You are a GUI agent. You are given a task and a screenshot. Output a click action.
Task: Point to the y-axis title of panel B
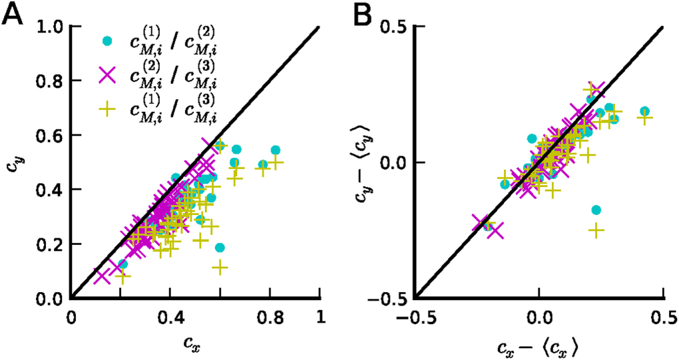click(x=363, y=163)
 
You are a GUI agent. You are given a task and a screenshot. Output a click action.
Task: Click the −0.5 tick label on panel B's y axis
click(x=388, y=299)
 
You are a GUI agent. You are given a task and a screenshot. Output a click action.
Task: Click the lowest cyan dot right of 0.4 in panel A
click(x=220, y=248)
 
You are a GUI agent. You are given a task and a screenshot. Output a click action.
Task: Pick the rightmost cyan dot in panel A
click(x=276, y=150)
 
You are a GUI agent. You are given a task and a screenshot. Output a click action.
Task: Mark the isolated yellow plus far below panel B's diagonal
click(x=596, y=230)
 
